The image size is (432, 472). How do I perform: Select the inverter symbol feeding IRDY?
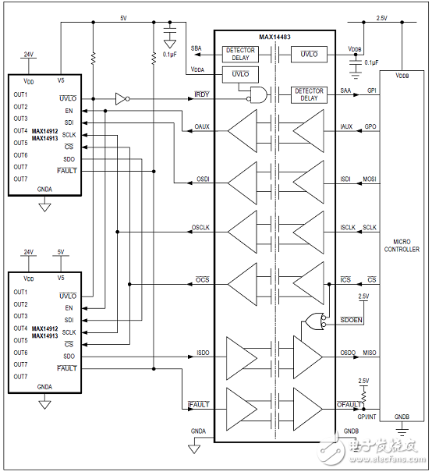pos(120,98)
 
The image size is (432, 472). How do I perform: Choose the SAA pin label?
pos(346,92)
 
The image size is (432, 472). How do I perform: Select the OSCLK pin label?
pos(202,227)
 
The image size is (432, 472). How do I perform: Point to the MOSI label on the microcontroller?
pos(369,179)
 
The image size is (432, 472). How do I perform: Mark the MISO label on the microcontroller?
pos(369,353)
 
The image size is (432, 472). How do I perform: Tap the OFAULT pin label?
pos(349,403)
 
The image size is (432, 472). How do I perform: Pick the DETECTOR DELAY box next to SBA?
pos(240,54)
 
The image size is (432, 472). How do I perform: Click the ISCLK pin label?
pos(347,227)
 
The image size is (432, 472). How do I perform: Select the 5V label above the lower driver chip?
pos(61,252)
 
